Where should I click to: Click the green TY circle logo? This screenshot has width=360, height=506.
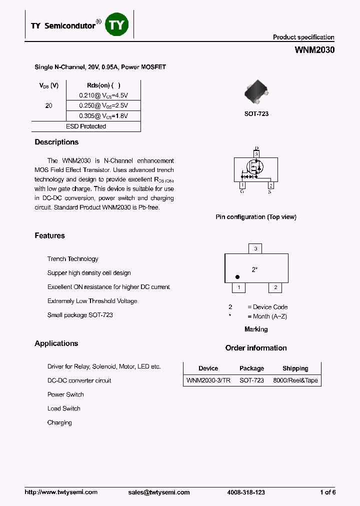point(116,25)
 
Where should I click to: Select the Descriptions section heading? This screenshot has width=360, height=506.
point(56,142)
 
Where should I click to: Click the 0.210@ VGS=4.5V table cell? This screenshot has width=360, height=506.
point(103,95)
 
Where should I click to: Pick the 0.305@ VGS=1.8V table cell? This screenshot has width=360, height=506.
point(103,116)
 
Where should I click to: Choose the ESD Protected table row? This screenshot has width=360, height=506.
point(86,126)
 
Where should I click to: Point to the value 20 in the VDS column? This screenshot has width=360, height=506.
point(48,105)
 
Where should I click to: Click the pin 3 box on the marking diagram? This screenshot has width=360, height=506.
point(255,248)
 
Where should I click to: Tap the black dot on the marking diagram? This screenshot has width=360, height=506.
point(237,277)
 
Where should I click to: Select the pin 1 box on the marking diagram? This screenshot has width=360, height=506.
point(239,287)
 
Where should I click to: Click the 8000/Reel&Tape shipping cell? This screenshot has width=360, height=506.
point(295,380)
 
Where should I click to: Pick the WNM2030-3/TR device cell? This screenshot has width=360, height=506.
point(208,380)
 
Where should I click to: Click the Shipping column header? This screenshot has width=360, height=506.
point(295,368)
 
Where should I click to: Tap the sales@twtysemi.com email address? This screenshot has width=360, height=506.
point(159,492)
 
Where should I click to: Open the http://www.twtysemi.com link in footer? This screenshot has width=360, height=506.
point(61,492)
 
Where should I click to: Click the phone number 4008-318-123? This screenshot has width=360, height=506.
point(246,492)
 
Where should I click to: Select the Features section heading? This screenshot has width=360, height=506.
point(49,236)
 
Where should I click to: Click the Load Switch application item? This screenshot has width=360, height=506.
point(63,408)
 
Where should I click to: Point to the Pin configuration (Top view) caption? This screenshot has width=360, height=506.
point(255,217)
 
